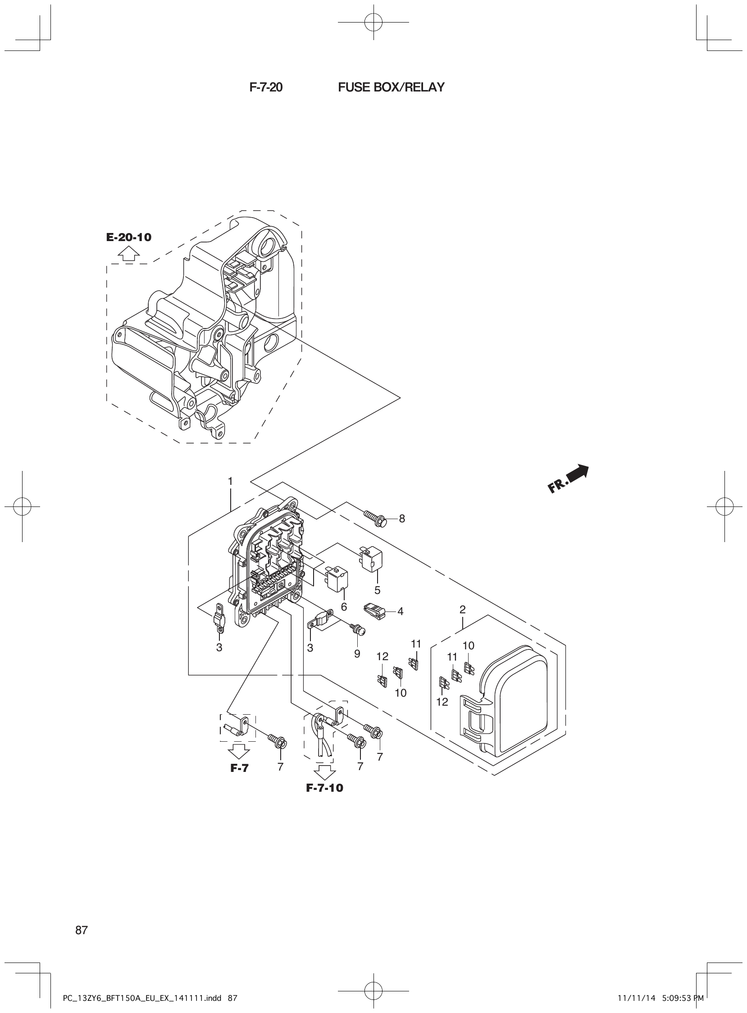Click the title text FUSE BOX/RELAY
pos(391,87)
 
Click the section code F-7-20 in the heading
pos(266,87)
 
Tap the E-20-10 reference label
pos(129,237)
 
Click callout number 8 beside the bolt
pos(402,519)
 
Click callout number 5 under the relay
pos(377,590)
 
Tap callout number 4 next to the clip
pos(400,611)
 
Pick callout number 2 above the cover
pos(462,610)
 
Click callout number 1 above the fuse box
pos(230,481)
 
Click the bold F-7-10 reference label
pos(324,788)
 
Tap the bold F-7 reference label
pos(239,767)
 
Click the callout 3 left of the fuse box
pos(219,648)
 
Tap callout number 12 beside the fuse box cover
pos(442,702)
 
